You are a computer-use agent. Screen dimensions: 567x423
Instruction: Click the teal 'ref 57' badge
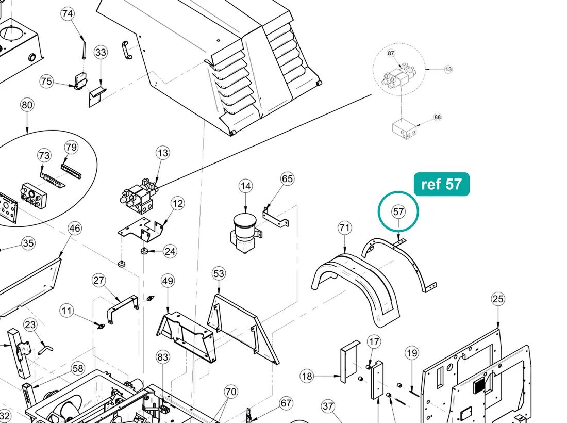click(x=442, y=184)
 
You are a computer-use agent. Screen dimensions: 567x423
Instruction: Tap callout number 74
click(x=68, y=14)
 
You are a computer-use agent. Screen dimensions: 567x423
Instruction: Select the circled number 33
click(x=101, y=52)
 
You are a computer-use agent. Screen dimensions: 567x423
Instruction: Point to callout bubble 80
click(x=27, y=105)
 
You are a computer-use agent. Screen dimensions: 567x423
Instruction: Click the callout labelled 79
click(x=71, y=147)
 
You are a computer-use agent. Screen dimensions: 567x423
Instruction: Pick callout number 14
click(x=245, y=186)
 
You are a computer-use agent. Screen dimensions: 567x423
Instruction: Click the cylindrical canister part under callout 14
click(x=245, y=232)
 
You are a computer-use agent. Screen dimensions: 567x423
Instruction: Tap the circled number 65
click(x=287, y=179)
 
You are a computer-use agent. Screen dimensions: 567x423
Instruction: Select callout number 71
click(x=345, y=227)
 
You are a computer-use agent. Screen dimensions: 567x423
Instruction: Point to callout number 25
click(x=498, y=299)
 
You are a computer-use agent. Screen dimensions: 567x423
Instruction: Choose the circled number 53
click(x=219, y=273)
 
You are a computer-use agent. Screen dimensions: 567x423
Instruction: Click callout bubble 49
click(x=168, y=281)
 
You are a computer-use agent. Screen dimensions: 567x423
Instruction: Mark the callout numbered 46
click(x=75, y=229)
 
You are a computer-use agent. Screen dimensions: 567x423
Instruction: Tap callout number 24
click(x=170, y=251)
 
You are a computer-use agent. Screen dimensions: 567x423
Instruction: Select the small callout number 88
click(x=438, y=117)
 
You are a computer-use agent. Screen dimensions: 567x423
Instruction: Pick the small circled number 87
click(x=391, y=53)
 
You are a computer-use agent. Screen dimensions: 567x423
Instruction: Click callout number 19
click(x=412, y=353)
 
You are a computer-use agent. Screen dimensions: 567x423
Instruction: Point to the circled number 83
click(x=163, y=357)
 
